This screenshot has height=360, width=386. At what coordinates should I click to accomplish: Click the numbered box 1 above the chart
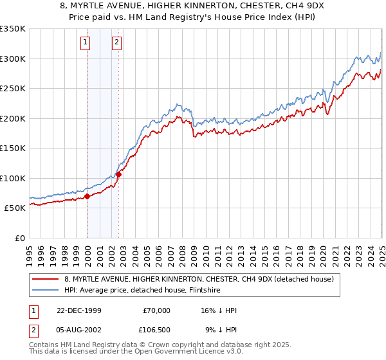[x=86, y=43]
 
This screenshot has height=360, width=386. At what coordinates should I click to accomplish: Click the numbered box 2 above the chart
[x=116, y=43]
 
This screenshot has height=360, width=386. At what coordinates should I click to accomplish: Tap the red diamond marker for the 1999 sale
[x=87, y=196]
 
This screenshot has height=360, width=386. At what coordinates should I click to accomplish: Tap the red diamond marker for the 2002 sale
[x=118, y=174]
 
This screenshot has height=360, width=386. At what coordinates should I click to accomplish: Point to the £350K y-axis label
[x=13, y=29]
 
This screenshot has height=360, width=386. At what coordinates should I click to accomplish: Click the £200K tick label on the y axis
[x=13, y=118]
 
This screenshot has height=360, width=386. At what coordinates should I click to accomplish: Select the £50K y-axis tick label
[x=15, y=208]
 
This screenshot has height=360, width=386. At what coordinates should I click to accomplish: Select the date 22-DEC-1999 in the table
[x=78, y=310]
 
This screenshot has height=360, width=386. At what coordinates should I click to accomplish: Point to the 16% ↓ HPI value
[x=219, y=310]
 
